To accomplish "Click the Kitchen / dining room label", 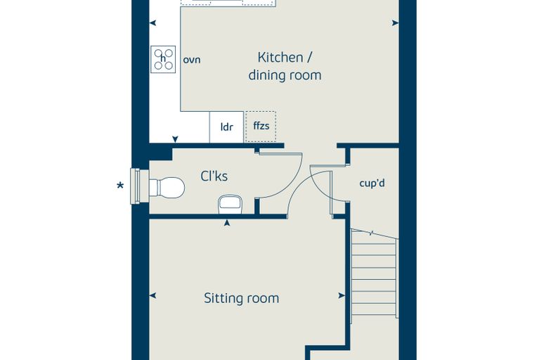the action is [x=285, y=67].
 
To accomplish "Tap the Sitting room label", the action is [x=242, y=298].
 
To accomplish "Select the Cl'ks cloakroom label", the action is [x=214, y=176].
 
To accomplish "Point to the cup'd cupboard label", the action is [x=372, y=184].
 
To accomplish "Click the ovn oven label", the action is [x=192, y=60].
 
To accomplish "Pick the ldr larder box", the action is [x=226, y=127].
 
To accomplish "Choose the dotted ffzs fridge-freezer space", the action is [x=261, y=127].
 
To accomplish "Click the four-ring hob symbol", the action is [x=164, y=59].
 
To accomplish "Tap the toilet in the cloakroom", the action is [x=167, y=187].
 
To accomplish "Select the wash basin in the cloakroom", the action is [x=230, y=204].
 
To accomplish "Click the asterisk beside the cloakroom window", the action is [x=120, y=186].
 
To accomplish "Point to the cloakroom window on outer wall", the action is [x=139, y=186].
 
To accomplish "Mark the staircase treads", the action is [x=375, y=274].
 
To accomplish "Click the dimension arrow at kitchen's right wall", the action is [x=396, y=22].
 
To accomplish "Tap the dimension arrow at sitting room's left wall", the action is [x=153, y=295].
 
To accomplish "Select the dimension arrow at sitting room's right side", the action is [x=342, y=295].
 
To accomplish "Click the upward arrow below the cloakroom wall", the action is [x=227, y=223].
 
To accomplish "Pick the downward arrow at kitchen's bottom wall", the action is [x=175, y=139].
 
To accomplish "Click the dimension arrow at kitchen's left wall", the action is [x=153, y=22].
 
